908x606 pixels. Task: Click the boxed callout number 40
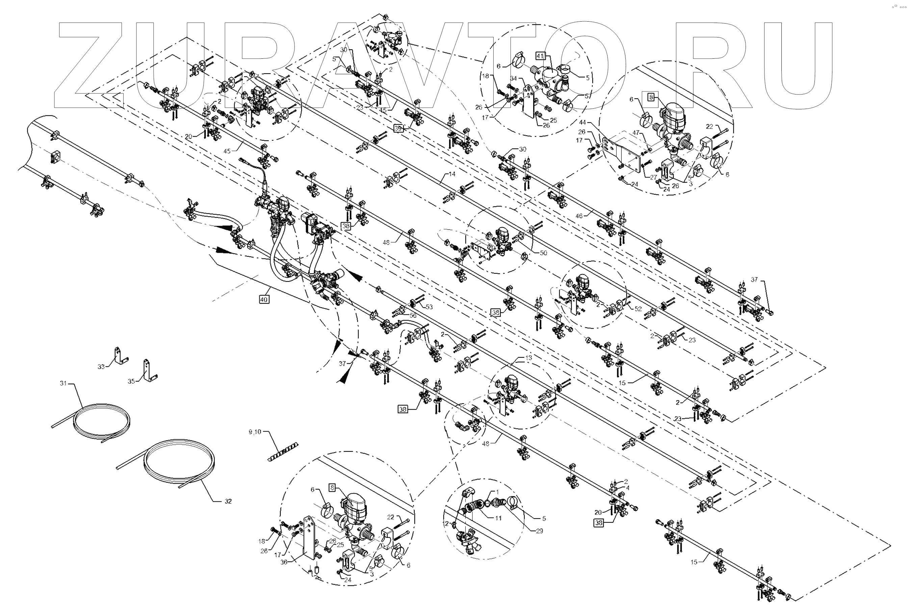pyautogui.click(x=264, y=299)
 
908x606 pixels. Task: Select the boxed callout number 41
pyautogui.click(x=540, y=56)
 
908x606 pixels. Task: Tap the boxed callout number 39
pyautogui.click(x=398, y=128)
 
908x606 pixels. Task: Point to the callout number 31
pyautogui.click(x=63, y=383)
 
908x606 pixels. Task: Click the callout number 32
pyautogui.click(x=228, y=501)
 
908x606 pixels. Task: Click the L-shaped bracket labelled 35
pyautogui.click(x=149, y=370)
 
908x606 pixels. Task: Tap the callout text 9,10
pyautogui.click(x=255, y=432)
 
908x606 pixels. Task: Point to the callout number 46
pyautogui.click(x=579, y=216)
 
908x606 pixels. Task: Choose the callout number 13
pyautogui.click(x=529, y=358)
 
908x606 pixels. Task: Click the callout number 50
pyautogui.click(x=543, y=253)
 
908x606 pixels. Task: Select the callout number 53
pyautogui.click(x=429, y=307)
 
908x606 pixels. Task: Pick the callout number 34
pyautogui.click(x=514, y=79)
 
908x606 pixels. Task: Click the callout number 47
pyautogui.click(x=636, y=133)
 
